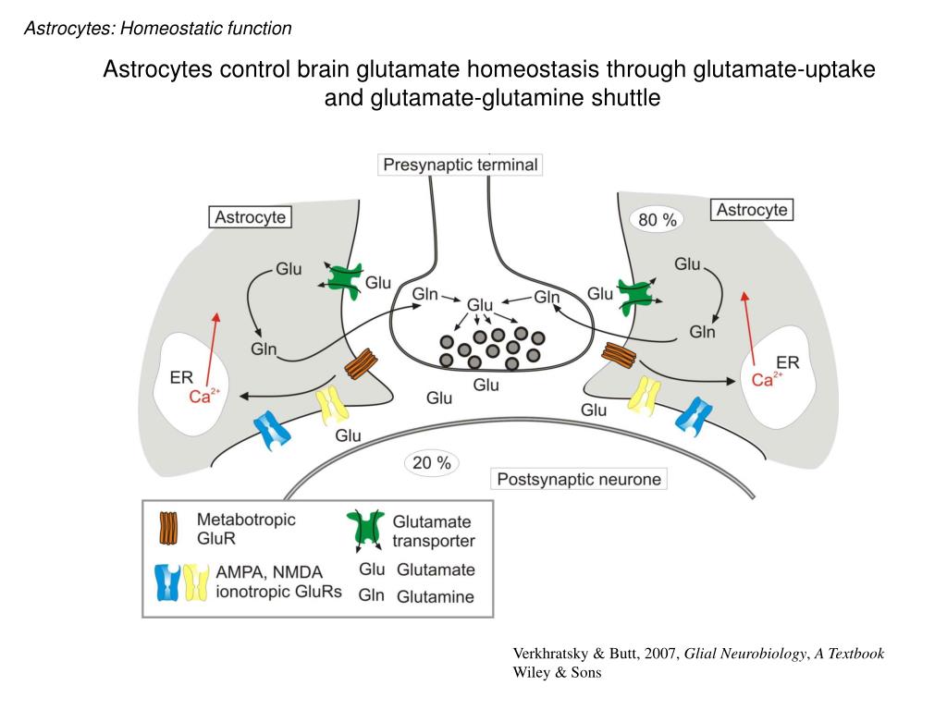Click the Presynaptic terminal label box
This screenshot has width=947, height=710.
point(461,165)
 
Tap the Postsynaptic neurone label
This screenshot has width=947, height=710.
point(579,480)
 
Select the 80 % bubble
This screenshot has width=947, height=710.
point(658,220)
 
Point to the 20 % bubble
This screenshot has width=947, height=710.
point(431,463)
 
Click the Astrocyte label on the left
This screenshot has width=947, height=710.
point(250,217)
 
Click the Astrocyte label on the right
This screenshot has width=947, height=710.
point(751,210)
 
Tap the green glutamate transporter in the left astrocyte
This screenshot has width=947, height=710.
point(342,279)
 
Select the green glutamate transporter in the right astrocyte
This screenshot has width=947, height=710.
point(638,295)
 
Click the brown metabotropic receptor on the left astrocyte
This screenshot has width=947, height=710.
point(362,364)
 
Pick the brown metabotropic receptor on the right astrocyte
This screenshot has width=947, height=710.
point(619,355)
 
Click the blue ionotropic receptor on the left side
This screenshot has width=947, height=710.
point(273,431)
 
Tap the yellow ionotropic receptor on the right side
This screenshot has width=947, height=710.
point(645,396)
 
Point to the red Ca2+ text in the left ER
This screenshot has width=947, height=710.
point(204,396)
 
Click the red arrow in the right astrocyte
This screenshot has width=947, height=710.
point(749,328)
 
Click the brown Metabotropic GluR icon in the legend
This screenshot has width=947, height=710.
point(168,528)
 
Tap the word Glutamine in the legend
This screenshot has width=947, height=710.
point(436,596)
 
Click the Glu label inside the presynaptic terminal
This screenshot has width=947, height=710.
point(480,304)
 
